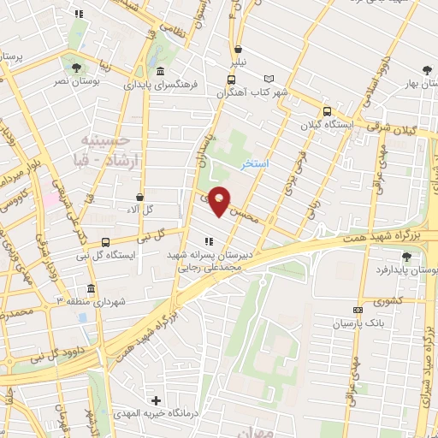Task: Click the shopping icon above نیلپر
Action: click(x=238, y=49)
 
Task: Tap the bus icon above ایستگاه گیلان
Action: click(x=327, y=111)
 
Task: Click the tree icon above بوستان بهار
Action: click(x=427, y=71)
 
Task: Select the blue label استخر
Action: click(x=256, y=163)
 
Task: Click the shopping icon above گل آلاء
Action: click(x=139, y=197)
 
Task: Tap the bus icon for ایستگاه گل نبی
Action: click(x=105, y=242)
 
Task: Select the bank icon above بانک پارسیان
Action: click(x=357, y=310)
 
